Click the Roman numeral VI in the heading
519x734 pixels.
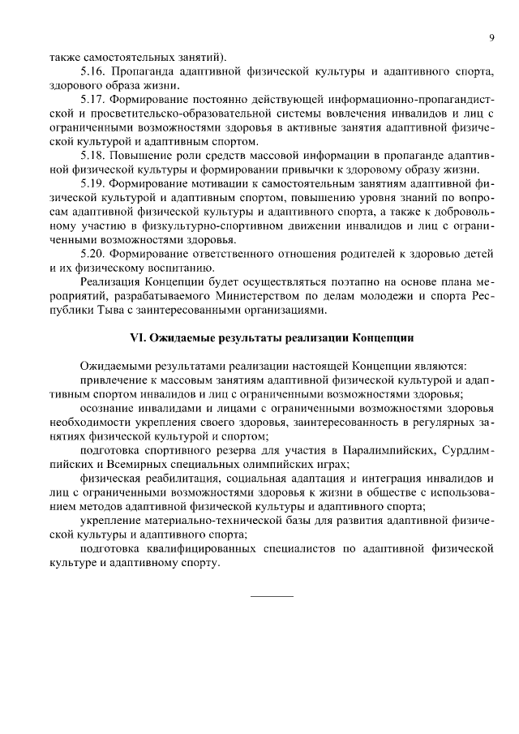(x=138, y=336)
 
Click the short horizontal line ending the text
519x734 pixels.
(x=272, y=597)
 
